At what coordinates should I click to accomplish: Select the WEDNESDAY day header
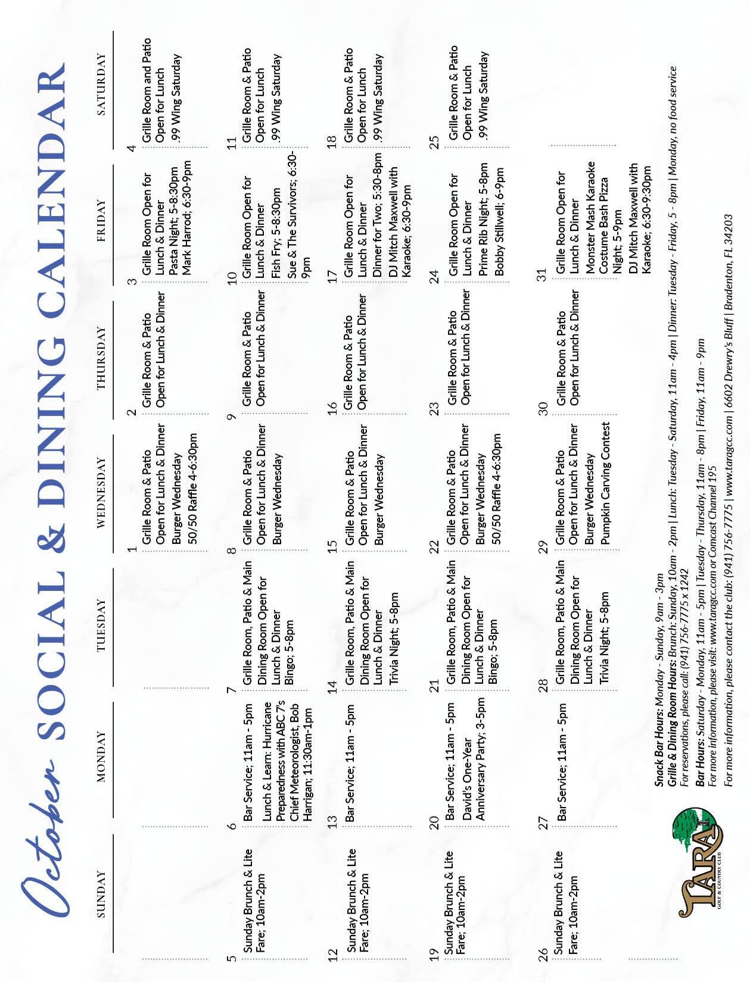pyautogui.click(x=101, y=492)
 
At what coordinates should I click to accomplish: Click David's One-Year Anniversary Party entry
pyautogui.click(x=474, y=762)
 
